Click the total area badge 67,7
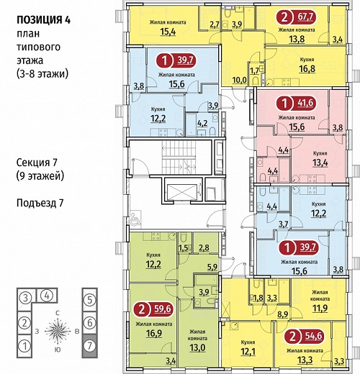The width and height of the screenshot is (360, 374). tap(297, 17)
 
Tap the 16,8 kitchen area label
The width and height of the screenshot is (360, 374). tap(307, 69)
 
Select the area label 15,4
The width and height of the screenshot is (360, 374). tap(168, 32)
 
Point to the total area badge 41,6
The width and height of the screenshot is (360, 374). tap(297, 103)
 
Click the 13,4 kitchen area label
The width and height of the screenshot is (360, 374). tap(320, 163)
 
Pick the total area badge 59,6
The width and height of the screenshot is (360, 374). tap(154, 309)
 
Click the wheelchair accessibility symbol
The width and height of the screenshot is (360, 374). tap(135, 219)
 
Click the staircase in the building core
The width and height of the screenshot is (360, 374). tap(179, 158)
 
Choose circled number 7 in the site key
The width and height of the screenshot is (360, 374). tap(89, 346)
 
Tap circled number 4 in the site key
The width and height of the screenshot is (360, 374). tap(48, 296)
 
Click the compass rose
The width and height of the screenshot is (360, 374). tap(58, 331)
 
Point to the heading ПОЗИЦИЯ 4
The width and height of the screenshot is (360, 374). tap(43, 20)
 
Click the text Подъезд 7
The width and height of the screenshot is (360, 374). tap(40, 204)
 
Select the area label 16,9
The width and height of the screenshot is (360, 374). tap(154, 333)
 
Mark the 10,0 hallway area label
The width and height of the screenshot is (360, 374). tap(240, 80)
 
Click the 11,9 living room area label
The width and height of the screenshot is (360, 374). tap(320, 308)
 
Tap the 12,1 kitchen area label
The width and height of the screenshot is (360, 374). tap(248, 352)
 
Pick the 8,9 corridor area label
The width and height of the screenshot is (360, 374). tap(283, 314)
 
